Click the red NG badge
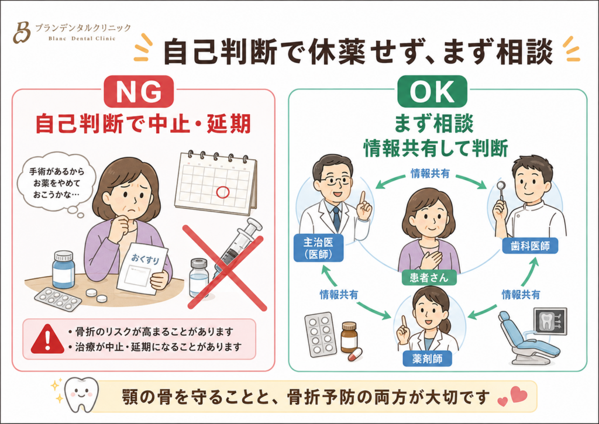(x=139, y=92)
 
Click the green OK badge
(x=432, y=92)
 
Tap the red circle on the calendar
(x=223, y=192)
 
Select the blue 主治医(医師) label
(x=318, y=248)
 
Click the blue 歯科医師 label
(x=530, y=246)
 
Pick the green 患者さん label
(x=429, y=277)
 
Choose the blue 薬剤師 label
(x=427, y=358)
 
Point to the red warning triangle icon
(x=47, y=339)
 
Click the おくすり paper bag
(x=143, y=269)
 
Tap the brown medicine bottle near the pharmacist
(x=349, y=337)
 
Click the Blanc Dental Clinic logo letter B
(x=22, y=33)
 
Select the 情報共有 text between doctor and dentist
(x=430, y=174)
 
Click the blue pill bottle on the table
(x=63, y=270)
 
